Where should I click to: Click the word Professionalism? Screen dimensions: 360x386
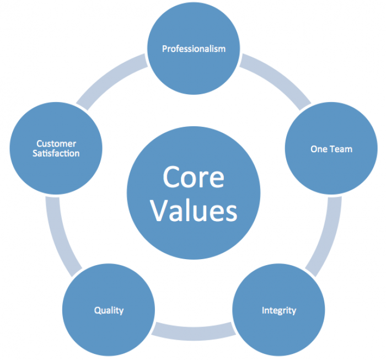pyautogui.click(x=194, y=49)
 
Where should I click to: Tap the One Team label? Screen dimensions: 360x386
pyautogui.click(x=331, y=149)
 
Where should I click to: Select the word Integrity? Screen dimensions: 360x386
pyautogui.click(x=278, y=310)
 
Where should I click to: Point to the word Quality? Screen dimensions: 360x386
pyautogui.click(x=109, y=310)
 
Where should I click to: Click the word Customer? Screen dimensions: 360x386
pyautogui.click(x=56, y=144)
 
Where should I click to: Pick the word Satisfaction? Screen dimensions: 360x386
pyautogui.click(x=56, y=153)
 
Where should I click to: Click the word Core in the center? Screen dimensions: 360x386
pyautogui.click(x=193, y=177)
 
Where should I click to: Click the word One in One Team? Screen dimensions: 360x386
pyautogui.click(x=318, y=149)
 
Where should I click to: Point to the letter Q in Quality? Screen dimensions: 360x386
pyautogui.click(x=97, y=310)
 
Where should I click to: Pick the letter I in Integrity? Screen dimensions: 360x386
pyautogui.click(x=263, y=310)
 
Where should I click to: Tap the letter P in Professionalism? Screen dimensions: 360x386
pyautogui.click(x=164, y=49)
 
